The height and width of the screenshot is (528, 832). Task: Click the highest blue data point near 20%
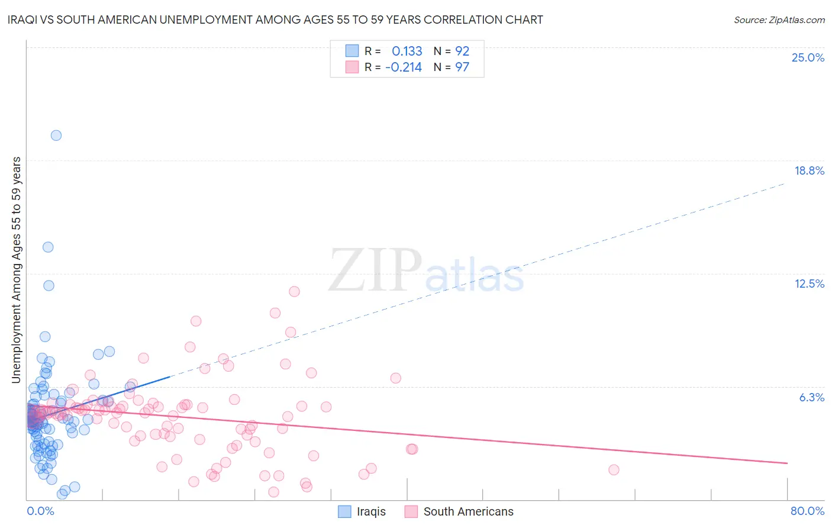pos(56,135)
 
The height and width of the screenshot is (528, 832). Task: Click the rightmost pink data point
pos(614,469)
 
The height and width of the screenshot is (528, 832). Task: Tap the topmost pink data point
pos(294,291)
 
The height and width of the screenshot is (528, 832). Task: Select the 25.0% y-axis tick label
pos(808,57)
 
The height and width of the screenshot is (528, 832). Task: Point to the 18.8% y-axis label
pos(809,170)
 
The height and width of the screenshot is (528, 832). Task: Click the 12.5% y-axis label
pos(809,284)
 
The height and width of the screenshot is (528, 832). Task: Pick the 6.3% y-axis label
pos(811,397)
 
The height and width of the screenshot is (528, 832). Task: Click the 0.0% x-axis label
pos(40,511)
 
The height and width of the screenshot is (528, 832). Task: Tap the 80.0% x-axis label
pos(807,511)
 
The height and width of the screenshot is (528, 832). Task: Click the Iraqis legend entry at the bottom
pos(371,511)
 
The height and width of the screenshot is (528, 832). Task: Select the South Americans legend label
pos(468,511)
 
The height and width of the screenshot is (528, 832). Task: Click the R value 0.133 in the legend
pos(407,51)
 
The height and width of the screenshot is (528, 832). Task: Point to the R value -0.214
pos(403,67)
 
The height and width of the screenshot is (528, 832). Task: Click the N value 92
pos(462,51)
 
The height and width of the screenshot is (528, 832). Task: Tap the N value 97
pos(462,67)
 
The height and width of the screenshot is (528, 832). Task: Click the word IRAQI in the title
pos(22,20)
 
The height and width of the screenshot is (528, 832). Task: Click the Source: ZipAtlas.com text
pos(779,20)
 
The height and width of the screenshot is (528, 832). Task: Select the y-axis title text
pos(17,270)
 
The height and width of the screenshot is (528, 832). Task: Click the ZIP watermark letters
pos(375,271)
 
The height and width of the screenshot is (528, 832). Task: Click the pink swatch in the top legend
pos(352,67)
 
